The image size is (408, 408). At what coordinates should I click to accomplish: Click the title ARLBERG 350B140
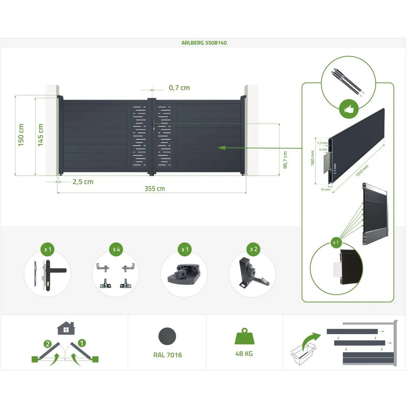pyautogui.click(x=204, y=43)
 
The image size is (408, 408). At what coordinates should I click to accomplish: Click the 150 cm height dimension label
pyautogui.click(x=21, y=135)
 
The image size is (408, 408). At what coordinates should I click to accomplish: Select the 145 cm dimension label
pyautogui.click(x=41, y=135)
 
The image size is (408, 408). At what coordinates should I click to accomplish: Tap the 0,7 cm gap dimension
pyautogui.click(x=179, y=88)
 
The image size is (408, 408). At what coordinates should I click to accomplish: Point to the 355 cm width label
pyautogui.click(x=154, y=188)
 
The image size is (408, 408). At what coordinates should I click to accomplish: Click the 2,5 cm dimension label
pyautogui.click(x=83, y=182)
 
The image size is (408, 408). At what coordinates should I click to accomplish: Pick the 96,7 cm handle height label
pyautogui.click(x=285, y=160)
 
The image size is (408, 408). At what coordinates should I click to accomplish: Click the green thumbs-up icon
pyautogui.click(x=349, y=109)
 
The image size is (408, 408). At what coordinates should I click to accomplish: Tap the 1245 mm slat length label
pyautogui.click(x=362, y=171)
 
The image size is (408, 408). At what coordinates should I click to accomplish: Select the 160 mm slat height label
pyautogui.click(x=313, y=158)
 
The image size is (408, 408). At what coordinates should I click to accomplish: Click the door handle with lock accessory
pyautogui.click(x=48, y=275)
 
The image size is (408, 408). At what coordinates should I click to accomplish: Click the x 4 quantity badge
pyautogui.click(x=116, y=249)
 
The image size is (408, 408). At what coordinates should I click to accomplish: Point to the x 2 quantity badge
pyautogui.click(x=254, y=249)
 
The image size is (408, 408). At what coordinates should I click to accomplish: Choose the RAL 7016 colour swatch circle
pyautogui.click(x=167, y=336)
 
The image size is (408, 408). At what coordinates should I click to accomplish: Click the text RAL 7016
pyautogui.click(x=168, y=355)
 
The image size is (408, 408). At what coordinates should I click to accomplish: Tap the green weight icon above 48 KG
pyautogui.click(x=244, y=337)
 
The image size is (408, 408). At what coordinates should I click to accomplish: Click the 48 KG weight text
pyautogui.click(x=244, y=354)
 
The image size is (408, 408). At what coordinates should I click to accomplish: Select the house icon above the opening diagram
pyautogui.click(x=66, y=328)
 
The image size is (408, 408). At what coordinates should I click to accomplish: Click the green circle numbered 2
pyautogui.click(x=48, y=344)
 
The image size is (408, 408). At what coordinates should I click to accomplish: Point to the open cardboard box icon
pyautogui.click(x=303, y=354)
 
